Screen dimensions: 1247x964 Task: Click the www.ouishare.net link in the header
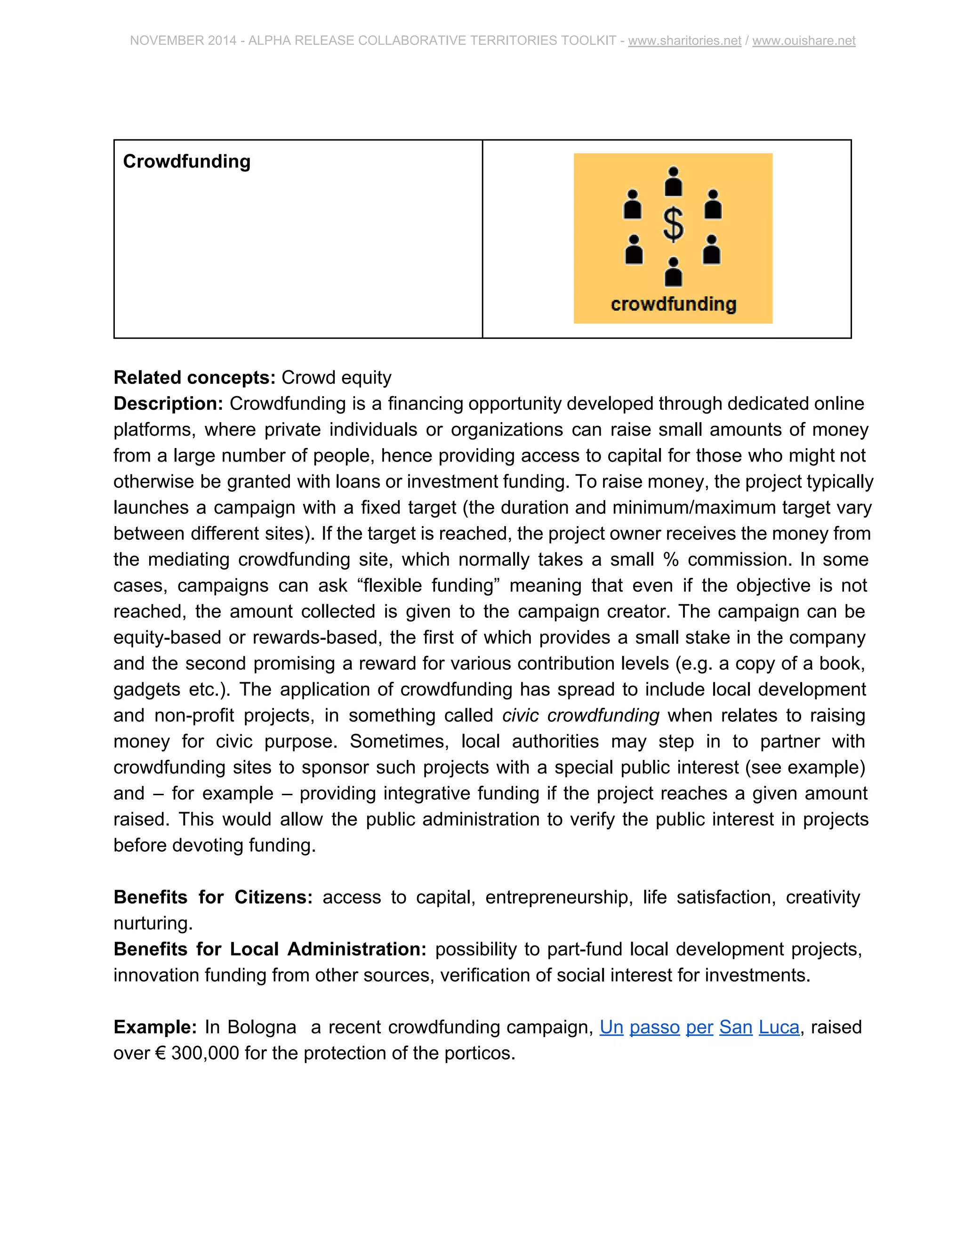coord(803,40)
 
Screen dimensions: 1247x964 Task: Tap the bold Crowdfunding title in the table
coord(187,161)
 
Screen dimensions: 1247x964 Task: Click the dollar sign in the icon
coord(673,224)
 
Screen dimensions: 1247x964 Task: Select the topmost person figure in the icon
coord(673,181)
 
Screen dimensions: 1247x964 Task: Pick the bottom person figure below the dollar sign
coord(673,272)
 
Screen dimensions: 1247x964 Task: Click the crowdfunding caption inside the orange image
coord(673,304)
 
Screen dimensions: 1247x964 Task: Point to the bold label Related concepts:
coord(195,377)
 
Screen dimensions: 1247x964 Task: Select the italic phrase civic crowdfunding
coord(581,715)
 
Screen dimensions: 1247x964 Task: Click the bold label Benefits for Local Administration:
coord(270,949)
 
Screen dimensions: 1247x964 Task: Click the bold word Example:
coord(155,1027)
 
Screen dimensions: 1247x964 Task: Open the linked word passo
coord(654,1027)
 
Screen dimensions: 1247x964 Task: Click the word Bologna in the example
coord(262,1027)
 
